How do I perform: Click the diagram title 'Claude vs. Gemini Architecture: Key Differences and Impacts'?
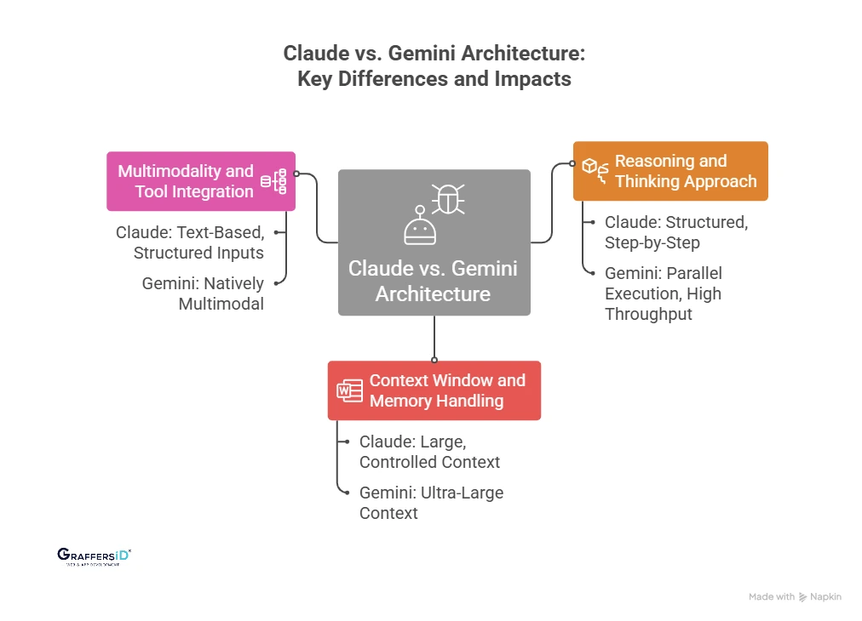tap(434, 66)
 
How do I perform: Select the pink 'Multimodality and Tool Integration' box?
tap(201, 181)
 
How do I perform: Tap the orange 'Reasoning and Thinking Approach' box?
tap(670, 171)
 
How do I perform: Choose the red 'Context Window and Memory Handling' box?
tap(434, 390)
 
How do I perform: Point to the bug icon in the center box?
tap(447, 198)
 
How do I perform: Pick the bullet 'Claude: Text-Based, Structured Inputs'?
tap(190, 242)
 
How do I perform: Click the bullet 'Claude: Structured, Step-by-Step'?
tap(675, 232)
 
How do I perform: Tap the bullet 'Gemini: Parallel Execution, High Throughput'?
tap(664, 293)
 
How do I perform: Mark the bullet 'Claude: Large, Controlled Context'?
tap(429, 452)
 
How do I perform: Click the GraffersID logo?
tap(94, 556)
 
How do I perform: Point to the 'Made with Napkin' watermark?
tap(795, 597)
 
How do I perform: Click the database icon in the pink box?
tap(273, 181)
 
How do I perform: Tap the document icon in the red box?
tap(349, 390)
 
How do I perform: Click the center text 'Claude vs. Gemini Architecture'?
tap(433, 281)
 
